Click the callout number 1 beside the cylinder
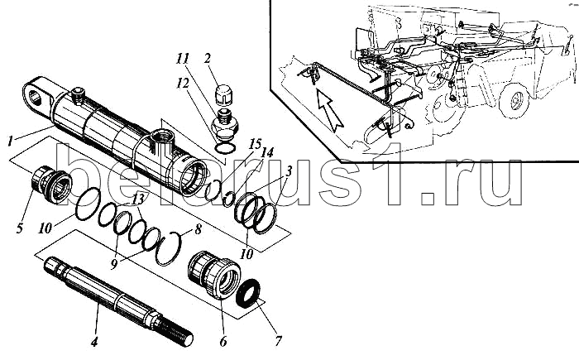click(x=11, y=141)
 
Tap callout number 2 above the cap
click(x=208, y=58)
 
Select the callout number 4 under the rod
click(x=94, y=342)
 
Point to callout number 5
click(x=20, y=228)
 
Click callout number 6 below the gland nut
click(x=223, y=342)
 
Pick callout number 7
click(x=278, y=340)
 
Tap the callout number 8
click(x=198, y=229)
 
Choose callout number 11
click(x=183, y=59)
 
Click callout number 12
click(x=183, y=84)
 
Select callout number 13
click(x=138, y=199)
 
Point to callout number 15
click(x=256, y=144)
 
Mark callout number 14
click(x=268, y=152)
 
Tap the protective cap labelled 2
click(x=223, y=94)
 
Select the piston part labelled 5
click(x=51, y=185)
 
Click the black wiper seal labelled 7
click(x=248, y=293)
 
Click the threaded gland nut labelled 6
click(x=213, y=273)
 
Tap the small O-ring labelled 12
click(x=225, y=148)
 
